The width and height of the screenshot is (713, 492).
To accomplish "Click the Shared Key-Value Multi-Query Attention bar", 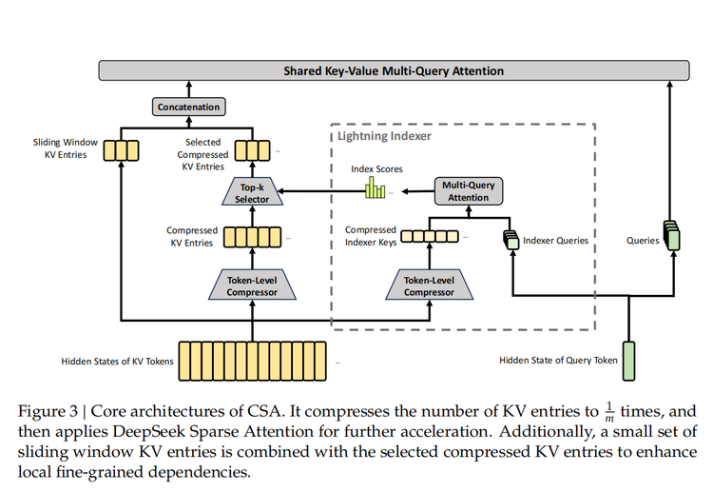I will pos(394,71).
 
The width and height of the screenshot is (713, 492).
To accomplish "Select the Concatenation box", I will pos(189,108).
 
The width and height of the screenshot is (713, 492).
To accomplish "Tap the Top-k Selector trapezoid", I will pos(252,194).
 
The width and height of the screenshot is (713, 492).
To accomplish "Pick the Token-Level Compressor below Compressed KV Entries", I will pos(252,285).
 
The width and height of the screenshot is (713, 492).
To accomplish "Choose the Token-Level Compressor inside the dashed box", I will pos(430,285).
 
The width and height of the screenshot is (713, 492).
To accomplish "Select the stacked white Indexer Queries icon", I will pos(511,240).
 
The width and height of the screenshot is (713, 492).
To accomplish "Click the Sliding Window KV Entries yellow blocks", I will pos(122,150).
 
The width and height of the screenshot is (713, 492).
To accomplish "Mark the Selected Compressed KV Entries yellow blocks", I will pos(252,150).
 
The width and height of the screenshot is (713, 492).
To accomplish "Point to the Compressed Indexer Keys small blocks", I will pos(430,237).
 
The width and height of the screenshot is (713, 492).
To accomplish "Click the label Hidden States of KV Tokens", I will pos(118,361).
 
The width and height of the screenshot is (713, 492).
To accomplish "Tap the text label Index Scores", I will pos(376,169).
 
